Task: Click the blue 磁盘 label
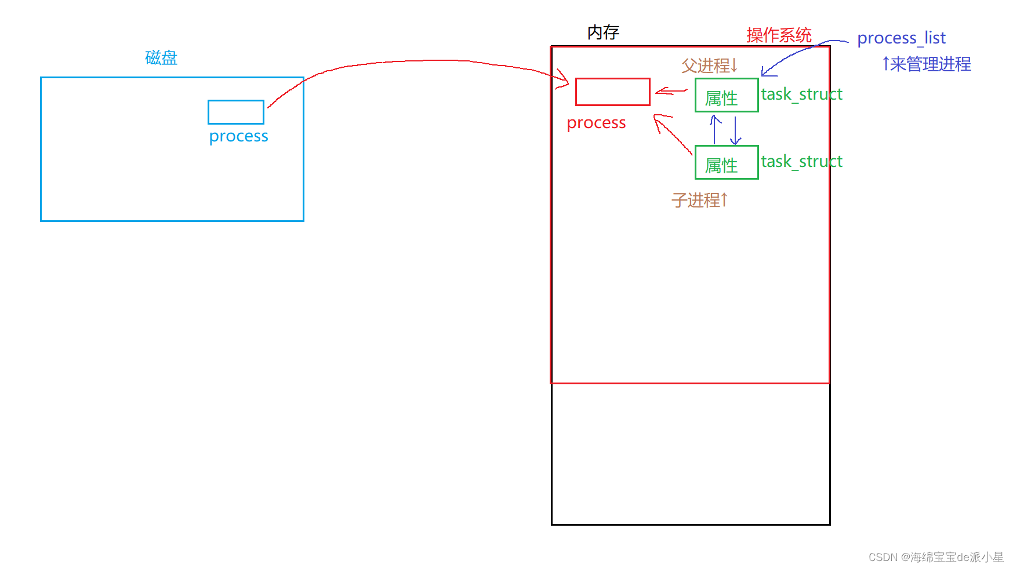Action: coord(161,57)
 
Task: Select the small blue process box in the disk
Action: coord(236,112)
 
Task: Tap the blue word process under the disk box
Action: coord(238,136)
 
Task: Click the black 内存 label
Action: coord(603,32)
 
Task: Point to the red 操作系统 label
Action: coord(779,35)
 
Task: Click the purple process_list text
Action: coord(901,38)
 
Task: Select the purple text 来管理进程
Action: coord(930,64)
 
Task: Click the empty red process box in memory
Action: coord(612,92)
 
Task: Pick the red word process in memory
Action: coord(596,123)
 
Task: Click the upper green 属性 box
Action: coord(727,95)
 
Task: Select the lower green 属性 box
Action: coord(727,162)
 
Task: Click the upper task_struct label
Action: coord(801,94)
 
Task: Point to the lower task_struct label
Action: coord(801,161)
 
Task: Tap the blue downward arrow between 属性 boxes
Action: coord(735,130)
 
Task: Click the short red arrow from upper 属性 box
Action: coord(671,91)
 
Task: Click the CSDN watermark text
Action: coord(935,557)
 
